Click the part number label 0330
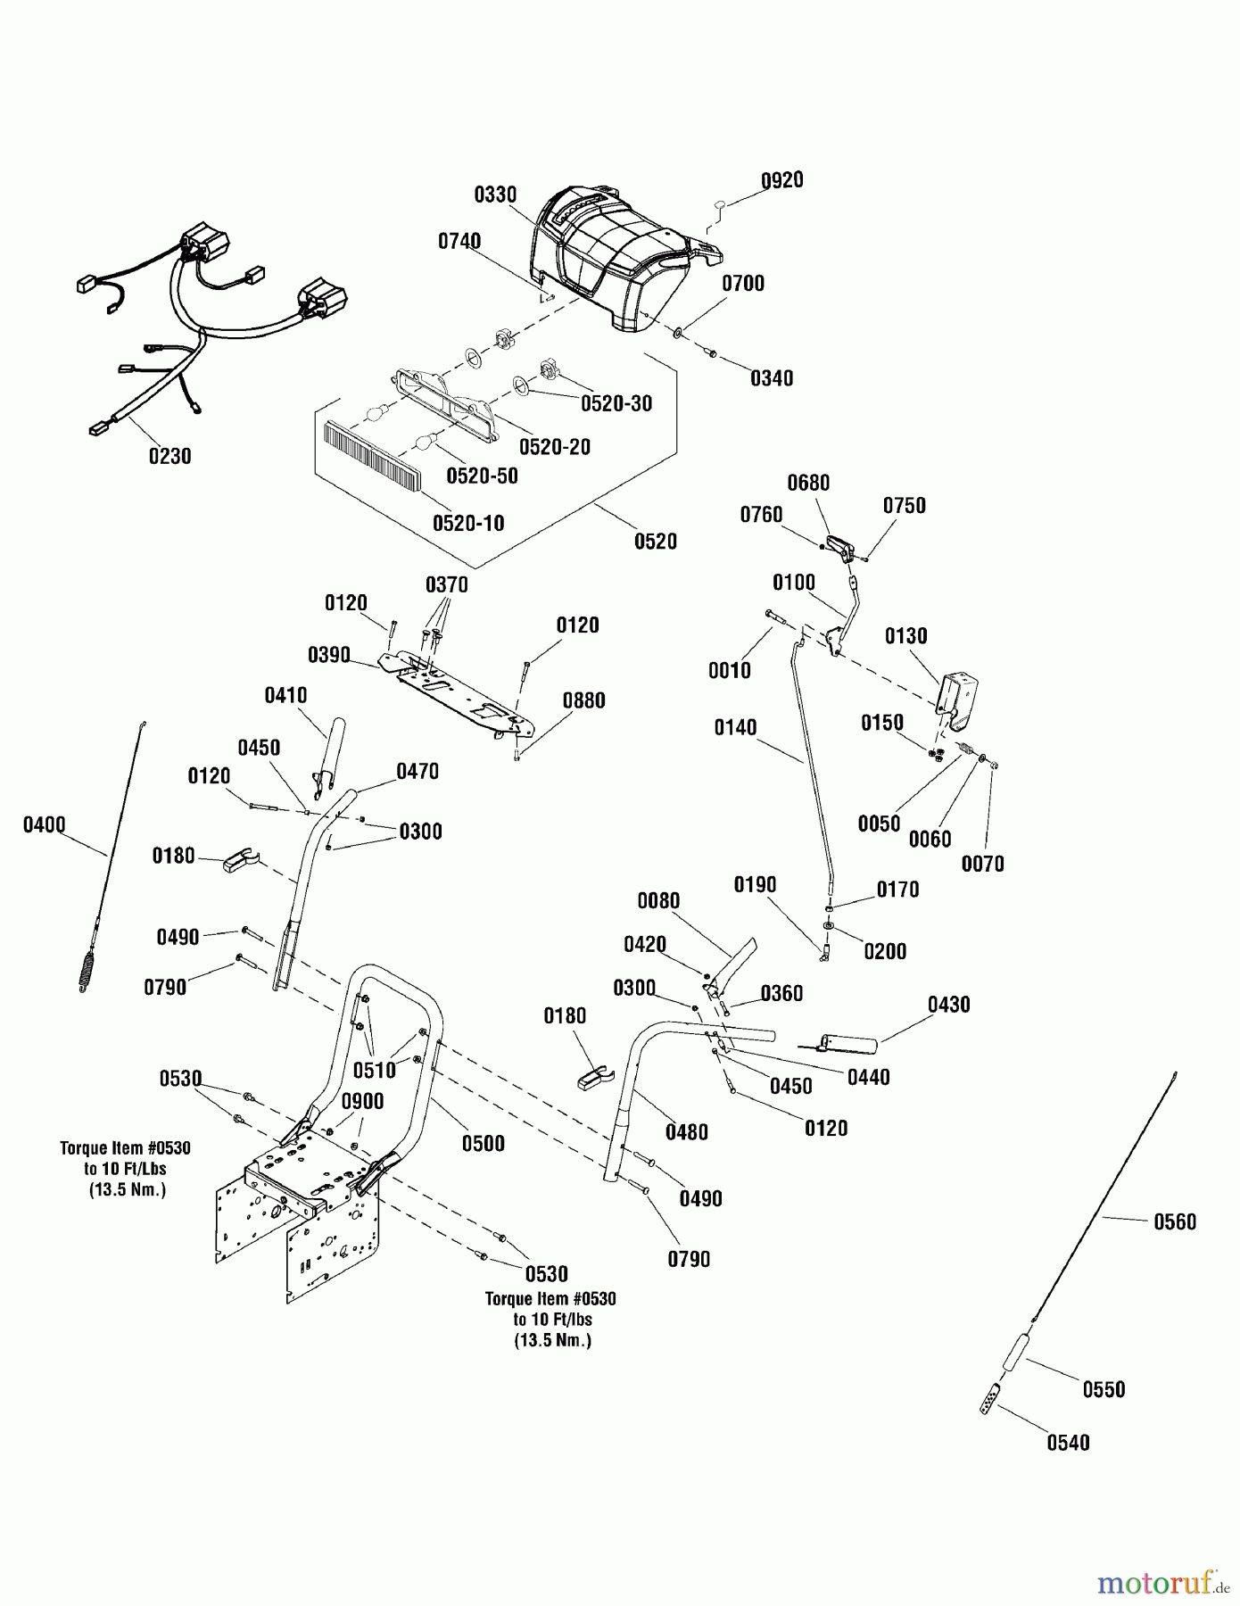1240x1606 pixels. pyautogui.click(x=495, y=195)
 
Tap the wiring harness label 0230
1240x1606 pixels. pyautogui.click(x=169, y=456)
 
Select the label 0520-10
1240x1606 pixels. pyautogui.click(x=468, y=523)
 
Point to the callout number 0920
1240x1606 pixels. pyautogui.click(x=781, y=180)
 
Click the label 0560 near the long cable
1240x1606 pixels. pyautogui.click(x=1174, y=1221)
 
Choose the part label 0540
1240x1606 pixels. pyautogui.click(x=1068, y=1443)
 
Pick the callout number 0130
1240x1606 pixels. pyautogui.click(x=905, y=636)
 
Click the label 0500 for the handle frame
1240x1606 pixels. pyautogui.click(x=483, y=1144)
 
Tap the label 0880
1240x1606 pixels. pyautogui.click(x=583, y=700)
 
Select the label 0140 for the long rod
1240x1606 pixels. pyautogui.click(x=735, y=728)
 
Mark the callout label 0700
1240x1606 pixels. pyautogui.click(x=742, y=284)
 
